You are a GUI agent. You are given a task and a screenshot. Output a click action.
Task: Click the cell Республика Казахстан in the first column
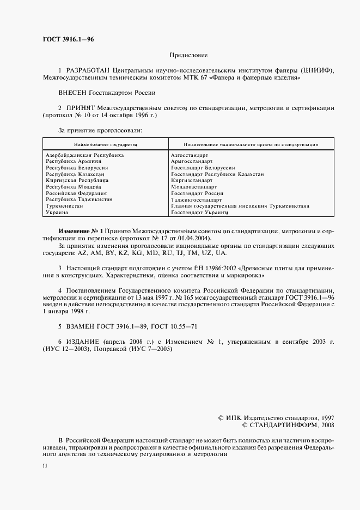tap(75, 174)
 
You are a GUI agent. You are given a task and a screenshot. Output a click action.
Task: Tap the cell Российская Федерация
tap(76, 193)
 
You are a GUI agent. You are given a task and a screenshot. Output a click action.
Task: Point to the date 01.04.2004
tap(196, 238)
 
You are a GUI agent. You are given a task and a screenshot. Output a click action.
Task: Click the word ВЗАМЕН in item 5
tap(82, 326)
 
